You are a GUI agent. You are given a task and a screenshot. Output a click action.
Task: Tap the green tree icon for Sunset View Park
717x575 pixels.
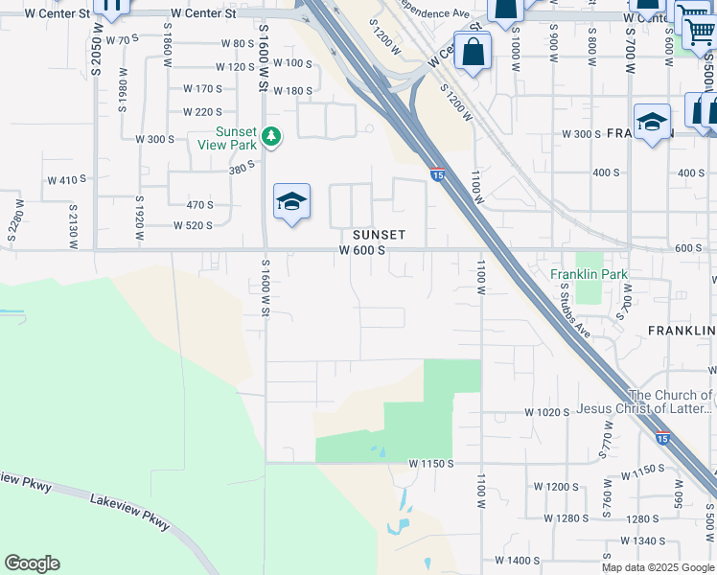272,138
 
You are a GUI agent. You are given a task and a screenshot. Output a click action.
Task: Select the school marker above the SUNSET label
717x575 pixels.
291,202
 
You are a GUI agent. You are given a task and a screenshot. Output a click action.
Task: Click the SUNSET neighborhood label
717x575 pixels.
379,235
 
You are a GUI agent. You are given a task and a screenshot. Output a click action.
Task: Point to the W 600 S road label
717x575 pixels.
362,250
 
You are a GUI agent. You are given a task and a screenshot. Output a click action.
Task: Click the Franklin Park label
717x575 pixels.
589,274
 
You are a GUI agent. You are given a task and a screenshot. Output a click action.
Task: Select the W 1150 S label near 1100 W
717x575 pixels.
430,463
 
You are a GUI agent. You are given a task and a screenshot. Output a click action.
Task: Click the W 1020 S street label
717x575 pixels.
547,411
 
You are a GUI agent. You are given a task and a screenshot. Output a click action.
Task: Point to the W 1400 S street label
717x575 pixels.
519,560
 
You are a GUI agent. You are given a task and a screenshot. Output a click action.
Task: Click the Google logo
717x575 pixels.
32,563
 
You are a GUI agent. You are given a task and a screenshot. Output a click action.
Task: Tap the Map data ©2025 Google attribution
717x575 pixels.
658,567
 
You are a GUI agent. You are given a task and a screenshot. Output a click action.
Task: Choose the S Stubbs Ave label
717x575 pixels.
573,309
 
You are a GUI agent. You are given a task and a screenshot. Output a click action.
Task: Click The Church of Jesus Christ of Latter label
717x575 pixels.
670,402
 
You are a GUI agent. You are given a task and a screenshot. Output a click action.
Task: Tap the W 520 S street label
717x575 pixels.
193,225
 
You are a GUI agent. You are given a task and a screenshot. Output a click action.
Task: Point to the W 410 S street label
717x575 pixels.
67,179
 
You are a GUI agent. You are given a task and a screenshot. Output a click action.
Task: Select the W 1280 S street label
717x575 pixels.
565,518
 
